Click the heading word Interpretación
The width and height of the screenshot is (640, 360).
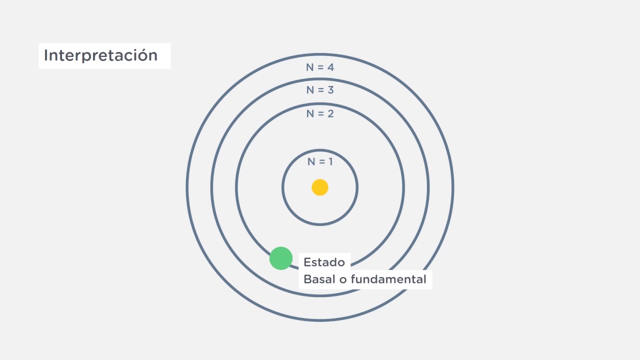coord(100,55)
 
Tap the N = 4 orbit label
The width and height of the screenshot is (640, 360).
coord(320,67)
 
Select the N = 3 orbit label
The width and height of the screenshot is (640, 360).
coord(320,90)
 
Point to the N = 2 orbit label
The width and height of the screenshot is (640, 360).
coord(320,114)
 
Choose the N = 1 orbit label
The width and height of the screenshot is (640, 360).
coord(320,162)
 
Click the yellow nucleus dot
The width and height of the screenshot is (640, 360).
coord(320,187)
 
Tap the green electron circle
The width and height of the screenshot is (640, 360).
coord(281,258)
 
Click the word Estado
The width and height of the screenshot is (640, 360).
coord(324,262)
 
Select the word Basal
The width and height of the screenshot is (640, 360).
coord(319,279)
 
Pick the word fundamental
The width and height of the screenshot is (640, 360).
coord(388,279)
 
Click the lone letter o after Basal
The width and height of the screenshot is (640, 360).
coord(343,280)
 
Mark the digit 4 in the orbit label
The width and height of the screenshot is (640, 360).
coord(330,67)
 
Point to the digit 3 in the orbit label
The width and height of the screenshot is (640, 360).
coord(330,90)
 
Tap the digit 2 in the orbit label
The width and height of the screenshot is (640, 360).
coord(330,114)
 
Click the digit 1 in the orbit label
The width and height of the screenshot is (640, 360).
coord(330,162)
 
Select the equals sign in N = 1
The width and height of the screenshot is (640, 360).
coord(321,162)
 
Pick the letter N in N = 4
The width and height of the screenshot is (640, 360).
coord(310,67)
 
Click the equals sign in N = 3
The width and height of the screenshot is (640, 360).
coord(320,90)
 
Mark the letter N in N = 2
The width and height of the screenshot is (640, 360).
coord(310,114)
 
